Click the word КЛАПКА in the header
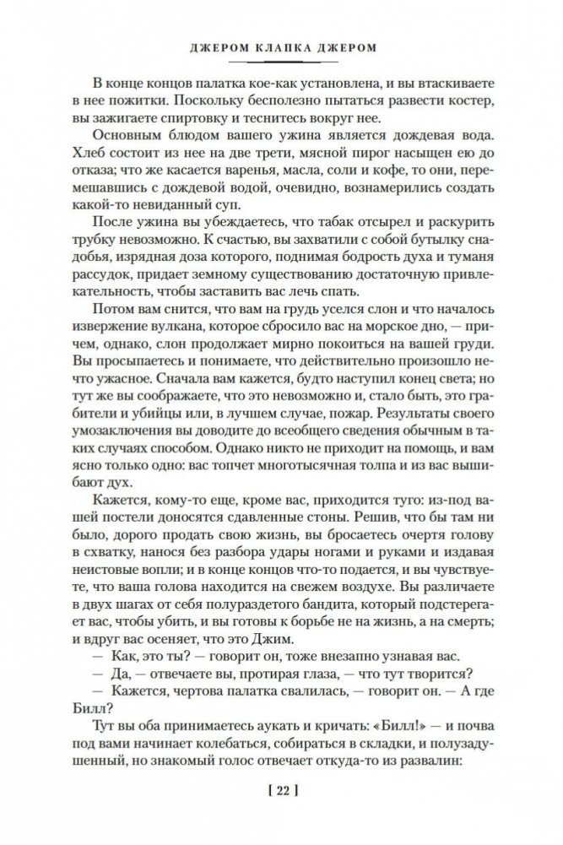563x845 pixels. [281, 49]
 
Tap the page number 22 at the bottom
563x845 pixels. [281, 791]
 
